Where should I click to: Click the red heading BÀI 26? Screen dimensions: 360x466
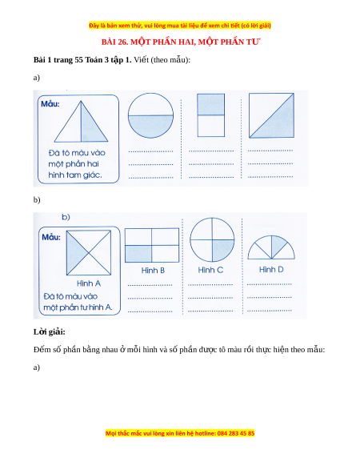pos(114,42)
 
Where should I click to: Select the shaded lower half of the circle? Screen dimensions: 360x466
pos(150,125)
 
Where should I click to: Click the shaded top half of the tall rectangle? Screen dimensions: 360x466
pos(211,104)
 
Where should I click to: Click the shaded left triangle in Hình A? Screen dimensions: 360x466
pos(74,253)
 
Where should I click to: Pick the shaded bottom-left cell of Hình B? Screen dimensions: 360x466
pos(138,254)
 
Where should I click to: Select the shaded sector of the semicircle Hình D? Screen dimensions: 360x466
pos(278,245)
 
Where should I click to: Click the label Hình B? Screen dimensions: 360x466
pos(153,271)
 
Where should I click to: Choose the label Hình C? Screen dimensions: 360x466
pos(210,270)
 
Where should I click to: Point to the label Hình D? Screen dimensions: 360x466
pos(271,270)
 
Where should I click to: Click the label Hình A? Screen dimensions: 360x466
pos(89,283)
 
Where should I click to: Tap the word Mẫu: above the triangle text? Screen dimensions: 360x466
pos(50,104)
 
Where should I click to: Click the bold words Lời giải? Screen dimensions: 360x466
pos(50,331)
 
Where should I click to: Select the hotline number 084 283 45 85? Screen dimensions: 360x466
pos(236,433)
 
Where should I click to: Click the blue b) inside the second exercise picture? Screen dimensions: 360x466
pos(66,217)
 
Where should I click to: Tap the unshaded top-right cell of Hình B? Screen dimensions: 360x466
pos(166,237)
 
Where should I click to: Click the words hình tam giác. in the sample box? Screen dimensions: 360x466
pos(75,175)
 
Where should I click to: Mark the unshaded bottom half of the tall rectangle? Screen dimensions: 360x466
pos(211,126)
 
